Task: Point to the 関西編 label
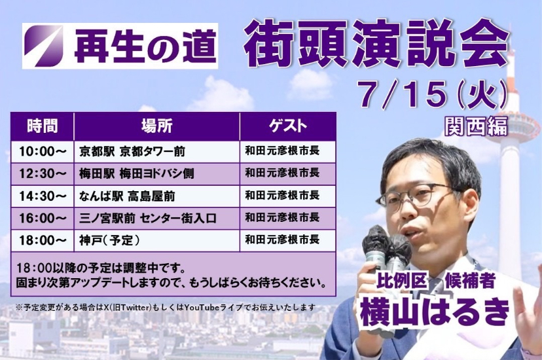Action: pos(477,125)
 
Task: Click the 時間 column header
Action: pos(43,126)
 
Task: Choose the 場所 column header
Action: pos(156,126)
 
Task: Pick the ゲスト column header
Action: pos(287,126)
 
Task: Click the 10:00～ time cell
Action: pos(43,151)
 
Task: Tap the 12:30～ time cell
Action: pos(43,173)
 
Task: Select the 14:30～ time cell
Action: pos(43,196)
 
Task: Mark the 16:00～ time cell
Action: pos(43,219)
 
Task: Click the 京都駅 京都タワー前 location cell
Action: pos(156,151)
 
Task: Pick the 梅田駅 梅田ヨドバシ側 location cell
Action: pos(156,173)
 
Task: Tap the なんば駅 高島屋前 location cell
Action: pos(156,196)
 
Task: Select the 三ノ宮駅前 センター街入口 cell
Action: pos(156,219)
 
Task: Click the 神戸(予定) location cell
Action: pos(156,240)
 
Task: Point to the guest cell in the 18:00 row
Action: pos(287,240)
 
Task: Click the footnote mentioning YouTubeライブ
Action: pos(166,307)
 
